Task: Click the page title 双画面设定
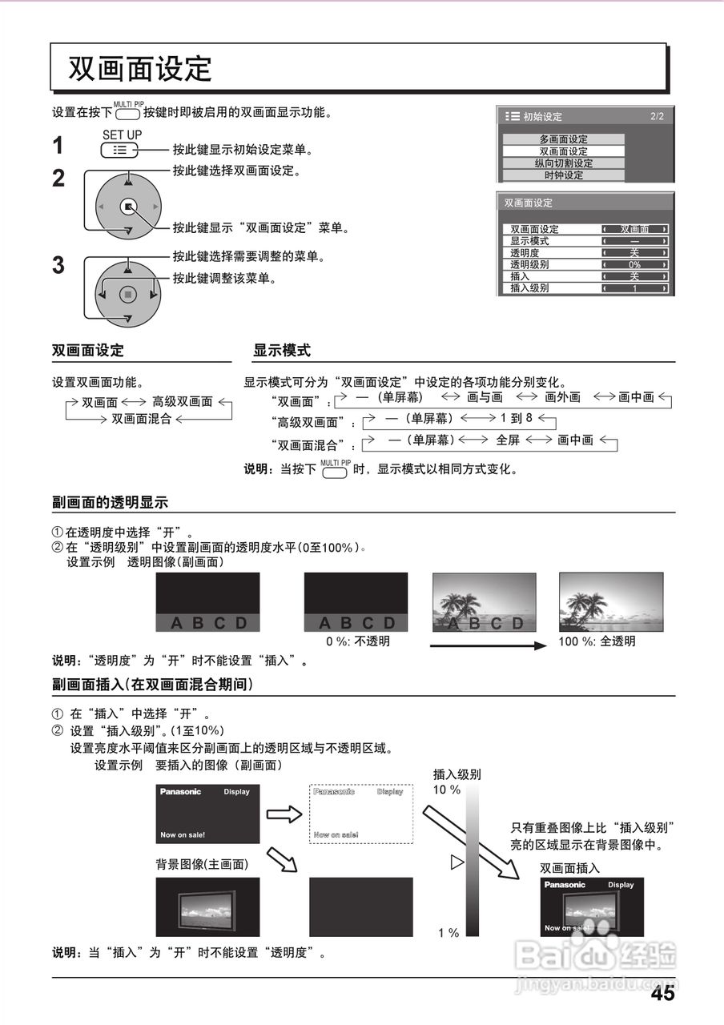tap(140, 69)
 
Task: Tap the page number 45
tap(662, 994)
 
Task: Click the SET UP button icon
tap(121, 149)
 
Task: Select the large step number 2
tap(58, 179)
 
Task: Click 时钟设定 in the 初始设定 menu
tap(564, 175)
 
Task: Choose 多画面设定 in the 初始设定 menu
tap(564, 139)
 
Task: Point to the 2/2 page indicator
tap(657, 117)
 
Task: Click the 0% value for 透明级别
tap(634, 264)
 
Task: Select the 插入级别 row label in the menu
tap(529, 288)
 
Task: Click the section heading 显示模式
tap(282, 351)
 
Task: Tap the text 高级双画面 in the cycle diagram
tap(183, 402)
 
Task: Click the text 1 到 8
tap(516, 418)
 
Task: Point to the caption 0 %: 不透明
tap(357, 641)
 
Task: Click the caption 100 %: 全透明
tap(597, 641)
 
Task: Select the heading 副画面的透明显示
tap(110, 503)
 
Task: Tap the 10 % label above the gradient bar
tap(447, 790)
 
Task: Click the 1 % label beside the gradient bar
tap(448, 933)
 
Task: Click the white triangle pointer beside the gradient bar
tap(457, 862)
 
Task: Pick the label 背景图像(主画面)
tap(202, 865)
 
